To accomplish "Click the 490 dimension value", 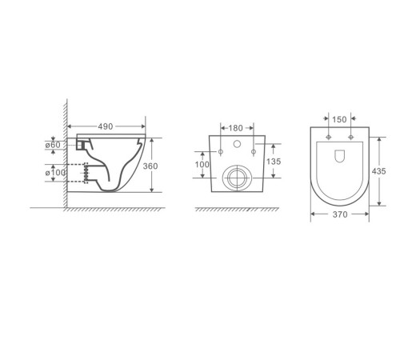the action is pyautogui.click(x=106, y=126).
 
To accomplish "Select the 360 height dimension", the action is pyautogui.click(x=150, y=166).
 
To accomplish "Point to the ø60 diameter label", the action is pyautogui.click(x=53, y=145).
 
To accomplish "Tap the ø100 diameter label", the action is pyautogui.click(x=55, y=173).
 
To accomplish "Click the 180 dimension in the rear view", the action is pyautogui.click(x=236, y=128).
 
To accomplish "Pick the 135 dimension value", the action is pyautogui.click(x=274, y=162).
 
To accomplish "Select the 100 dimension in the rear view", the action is pyautogui.click(x=202, y=165).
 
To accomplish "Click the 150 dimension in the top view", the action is pyautogui.click(x=339, y=119).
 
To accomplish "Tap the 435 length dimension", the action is pyautogui.click(x=378, y=171).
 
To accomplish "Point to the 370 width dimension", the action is pyautogui.click(x=340, y=214).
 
